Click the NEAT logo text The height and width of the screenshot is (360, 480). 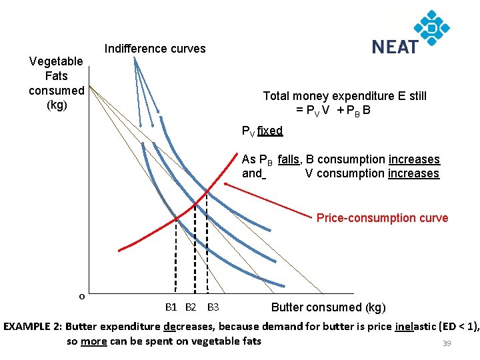tap(395, 47)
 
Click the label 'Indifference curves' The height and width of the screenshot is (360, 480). tap(155, 49)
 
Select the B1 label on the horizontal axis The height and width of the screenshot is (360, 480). tap(171, 307)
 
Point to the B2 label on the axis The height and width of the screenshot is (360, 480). tap(191, 307)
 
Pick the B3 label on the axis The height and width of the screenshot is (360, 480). tap(213, 307)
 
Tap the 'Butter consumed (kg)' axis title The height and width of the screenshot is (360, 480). tap(328, 307)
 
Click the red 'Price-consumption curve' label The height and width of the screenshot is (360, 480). tap(382, 218)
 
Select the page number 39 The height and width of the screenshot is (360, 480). tap(447, 343)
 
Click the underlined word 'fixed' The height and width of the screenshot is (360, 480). tap(270, 131)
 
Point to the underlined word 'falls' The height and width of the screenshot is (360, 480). tap(289, 159)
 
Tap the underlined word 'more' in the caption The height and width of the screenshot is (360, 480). tap(94, 341)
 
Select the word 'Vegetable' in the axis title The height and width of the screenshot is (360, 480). tap(57, 61)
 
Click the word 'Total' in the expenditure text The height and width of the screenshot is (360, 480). tap(277, 96)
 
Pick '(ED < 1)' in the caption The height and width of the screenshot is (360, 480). tap(456, 327)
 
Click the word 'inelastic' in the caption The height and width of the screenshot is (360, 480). tap(414, 327)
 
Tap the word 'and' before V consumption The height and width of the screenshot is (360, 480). tap(252, 174)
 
